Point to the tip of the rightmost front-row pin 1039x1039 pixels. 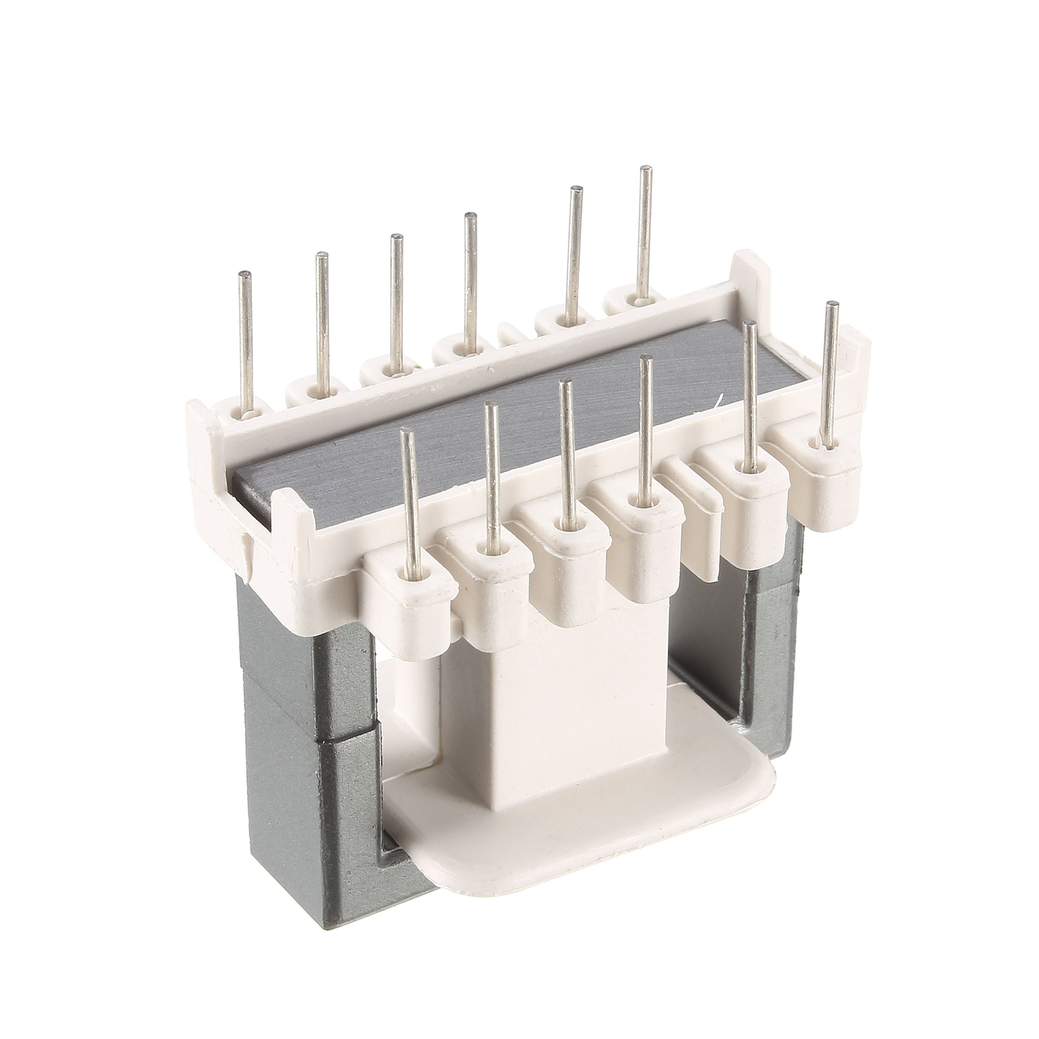831,305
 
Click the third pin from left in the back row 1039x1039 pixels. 397,301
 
